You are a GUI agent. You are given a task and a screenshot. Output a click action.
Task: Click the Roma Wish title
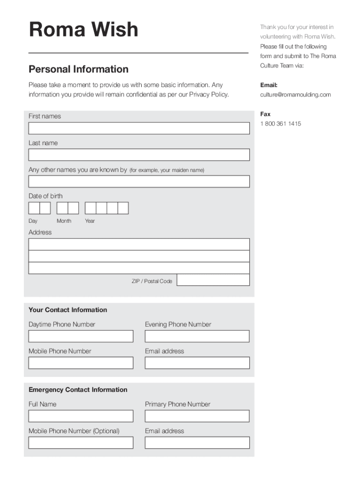[x=83, y=30]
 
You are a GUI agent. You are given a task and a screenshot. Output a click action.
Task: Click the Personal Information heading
[x=78, y=69]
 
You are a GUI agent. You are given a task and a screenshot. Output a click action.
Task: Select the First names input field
[x=139, y=128]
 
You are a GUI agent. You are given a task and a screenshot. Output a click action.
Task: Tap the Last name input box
[x=139, y=155]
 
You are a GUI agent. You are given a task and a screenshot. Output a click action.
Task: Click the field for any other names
[x=139, y=181]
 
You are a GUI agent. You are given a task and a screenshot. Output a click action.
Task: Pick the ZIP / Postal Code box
[x=213, y=280]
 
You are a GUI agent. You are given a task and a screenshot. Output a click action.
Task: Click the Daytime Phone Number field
[x=81, y=336]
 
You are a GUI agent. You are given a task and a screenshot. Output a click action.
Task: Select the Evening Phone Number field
[x=197, y=336]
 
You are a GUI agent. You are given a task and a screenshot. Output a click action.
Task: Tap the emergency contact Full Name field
[x=81, y=416]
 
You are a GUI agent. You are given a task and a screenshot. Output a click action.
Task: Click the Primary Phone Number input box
[x=197, y=416]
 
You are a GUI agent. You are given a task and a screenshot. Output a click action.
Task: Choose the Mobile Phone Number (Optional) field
[x=81, y=443]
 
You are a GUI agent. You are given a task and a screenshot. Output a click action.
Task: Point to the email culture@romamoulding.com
[x=295, y=94]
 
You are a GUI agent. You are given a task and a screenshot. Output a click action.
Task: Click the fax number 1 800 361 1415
[x=281, y=123]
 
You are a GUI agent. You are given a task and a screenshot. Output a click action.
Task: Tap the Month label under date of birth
[x=64, y=221]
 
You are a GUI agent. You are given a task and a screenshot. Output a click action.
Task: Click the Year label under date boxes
[x=90, y=221]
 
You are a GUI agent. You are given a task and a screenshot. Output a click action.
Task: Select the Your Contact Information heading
[x=68, y=310]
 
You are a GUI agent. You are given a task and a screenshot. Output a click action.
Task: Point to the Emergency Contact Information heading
[x=78, y=390]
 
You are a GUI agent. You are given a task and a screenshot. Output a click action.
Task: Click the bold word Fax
[x=265, y=114]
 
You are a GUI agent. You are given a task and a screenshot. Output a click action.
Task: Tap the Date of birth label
[x=45, y=196]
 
